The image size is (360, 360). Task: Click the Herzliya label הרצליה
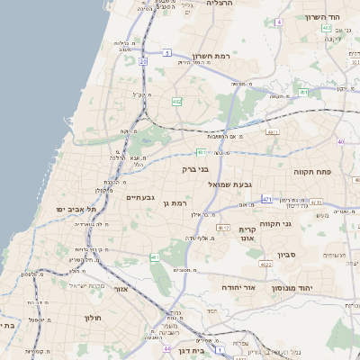220,4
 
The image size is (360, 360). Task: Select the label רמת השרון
205,55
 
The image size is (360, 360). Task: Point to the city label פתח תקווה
312,168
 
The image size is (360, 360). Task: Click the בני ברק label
195,168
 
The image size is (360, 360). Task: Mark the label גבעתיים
141,198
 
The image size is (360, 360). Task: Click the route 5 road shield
167,53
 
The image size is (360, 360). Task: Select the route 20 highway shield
143,61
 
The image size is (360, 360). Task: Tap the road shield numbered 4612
223,228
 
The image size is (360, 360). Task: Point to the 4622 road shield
265,265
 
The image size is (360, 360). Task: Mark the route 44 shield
166,347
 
